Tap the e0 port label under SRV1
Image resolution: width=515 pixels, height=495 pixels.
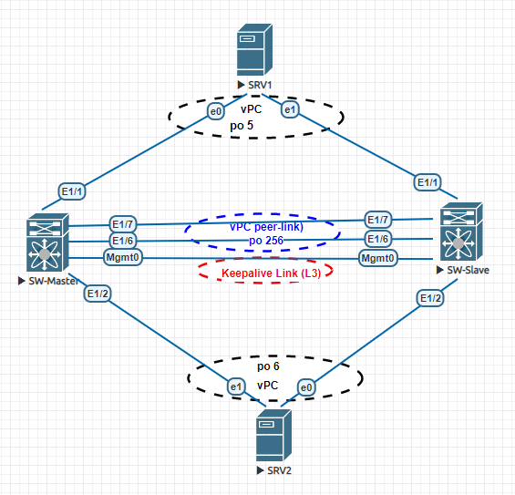click(x=216, y=111)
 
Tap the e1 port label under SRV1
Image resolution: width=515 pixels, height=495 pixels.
click(x=291, y=110)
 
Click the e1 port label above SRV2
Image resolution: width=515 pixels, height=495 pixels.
click(x=236, y=386)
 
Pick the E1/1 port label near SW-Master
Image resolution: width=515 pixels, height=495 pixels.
click(x=72, y=191)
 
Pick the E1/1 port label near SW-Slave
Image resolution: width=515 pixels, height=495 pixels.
click(x=427, y=182)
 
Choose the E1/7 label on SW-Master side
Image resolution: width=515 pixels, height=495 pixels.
click(x=123, y=224)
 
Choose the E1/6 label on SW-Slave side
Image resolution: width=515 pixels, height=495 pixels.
click(x=378, y=239)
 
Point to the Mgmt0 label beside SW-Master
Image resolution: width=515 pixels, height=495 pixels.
click(x=123, y=258)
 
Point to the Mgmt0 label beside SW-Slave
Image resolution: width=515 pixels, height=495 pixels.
click(x=377, y=259)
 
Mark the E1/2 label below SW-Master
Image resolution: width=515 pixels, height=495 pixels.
click(x=98, y=293)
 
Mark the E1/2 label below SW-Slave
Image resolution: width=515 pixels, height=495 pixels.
click(x=430, y=298)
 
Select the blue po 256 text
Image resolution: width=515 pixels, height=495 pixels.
click(x=262, y=240)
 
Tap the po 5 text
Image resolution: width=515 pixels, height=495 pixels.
click(x=253, y=123)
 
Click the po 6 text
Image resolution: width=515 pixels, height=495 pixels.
click(x=267, y=366)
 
